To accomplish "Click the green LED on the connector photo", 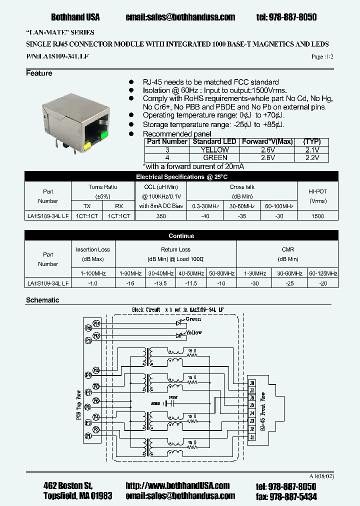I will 105,134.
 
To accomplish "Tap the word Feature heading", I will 39,73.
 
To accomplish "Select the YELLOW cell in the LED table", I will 215,149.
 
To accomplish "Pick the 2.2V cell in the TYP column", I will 312,157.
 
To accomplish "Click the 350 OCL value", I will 161,216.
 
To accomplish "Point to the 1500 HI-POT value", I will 317,216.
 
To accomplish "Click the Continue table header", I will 181,236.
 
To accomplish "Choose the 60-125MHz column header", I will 323,273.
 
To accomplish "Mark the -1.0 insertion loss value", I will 92,283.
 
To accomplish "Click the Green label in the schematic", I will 193,319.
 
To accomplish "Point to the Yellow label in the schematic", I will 193,332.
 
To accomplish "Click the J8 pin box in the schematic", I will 252,383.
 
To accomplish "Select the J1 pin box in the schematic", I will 252,436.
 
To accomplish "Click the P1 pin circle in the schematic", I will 88,436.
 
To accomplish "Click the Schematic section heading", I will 42,300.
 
